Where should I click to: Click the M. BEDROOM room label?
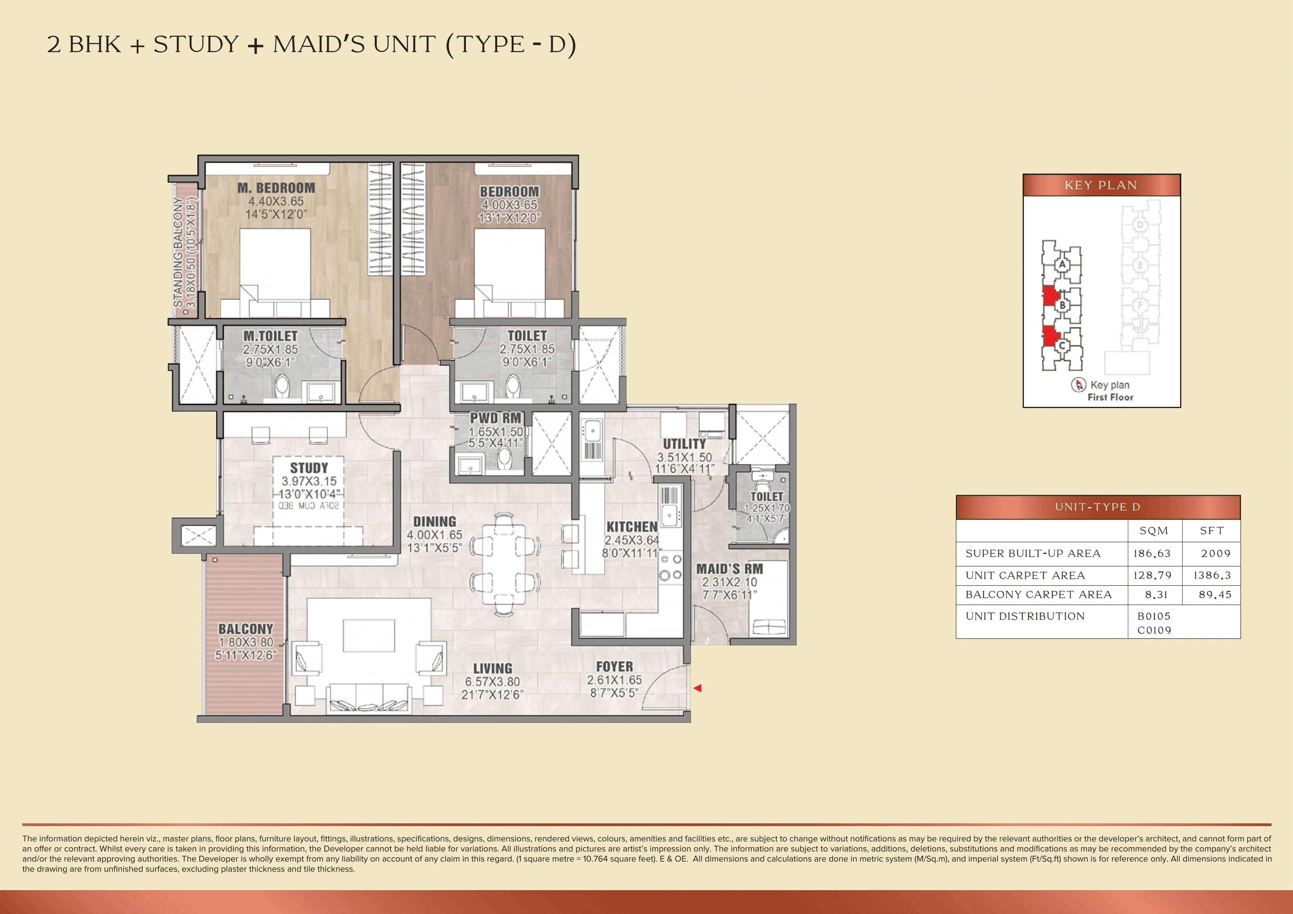[276, 188]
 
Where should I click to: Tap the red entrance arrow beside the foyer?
[697, 688]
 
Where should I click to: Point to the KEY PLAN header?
[1101, 185]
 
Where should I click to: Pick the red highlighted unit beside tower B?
[1049, 296]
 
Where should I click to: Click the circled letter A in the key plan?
[1062, 264]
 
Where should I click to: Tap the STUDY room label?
[309, 468]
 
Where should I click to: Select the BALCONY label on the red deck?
[245, 628]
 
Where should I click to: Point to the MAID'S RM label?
[729, 569]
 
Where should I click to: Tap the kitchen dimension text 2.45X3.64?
[631, 540]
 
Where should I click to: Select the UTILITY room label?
[684, 444]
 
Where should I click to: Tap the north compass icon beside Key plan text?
[1078, 385]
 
